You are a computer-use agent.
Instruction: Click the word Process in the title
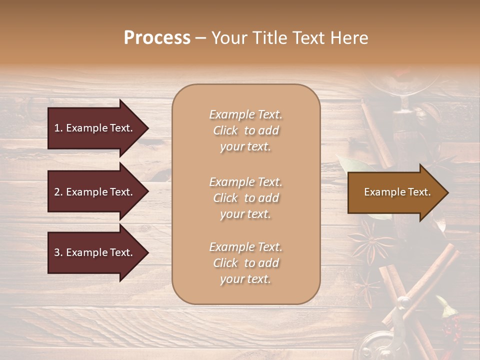click(157, 38)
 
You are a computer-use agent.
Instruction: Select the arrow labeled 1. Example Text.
click(95, 128)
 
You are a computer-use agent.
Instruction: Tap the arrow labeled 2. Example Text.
click(95, 192)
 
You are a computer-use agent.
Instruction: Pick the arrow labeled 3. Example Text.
click(95, 252)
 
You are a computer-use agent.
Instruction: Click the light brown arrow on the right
click(395, 192)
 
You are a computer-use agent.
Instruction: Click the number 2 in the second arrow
click(57, 192)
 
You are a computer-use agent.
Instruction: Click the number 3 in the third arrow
click(57, 252)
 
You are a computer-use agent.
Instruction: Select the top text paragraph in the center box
click(245, 130)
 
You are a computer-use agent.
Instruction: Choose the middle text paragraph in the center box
click(245, 197)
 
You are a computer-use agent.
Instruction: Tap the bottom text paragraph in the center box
click(245, 263)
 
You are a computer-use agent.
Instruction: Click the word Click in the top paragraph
click(225, 130)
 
